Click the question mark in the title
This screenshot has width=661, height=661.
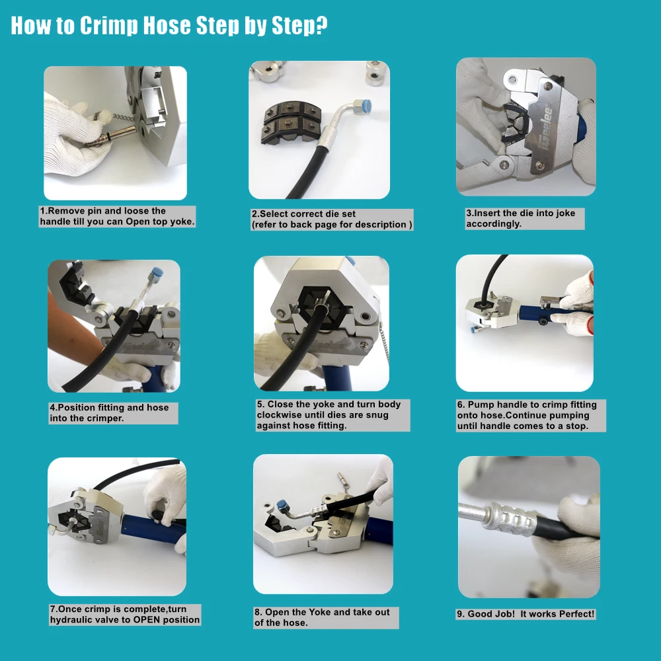321,24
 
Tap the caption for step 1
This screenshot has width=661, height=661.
117,216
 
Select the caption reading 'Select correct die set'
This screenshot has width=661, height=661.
303,214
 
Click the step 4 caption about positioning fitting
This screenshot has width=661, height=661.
109,412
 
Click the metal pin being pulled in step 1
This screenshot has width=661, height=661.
112,136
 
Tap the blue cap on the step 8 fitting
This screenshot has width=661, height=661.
281,505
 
